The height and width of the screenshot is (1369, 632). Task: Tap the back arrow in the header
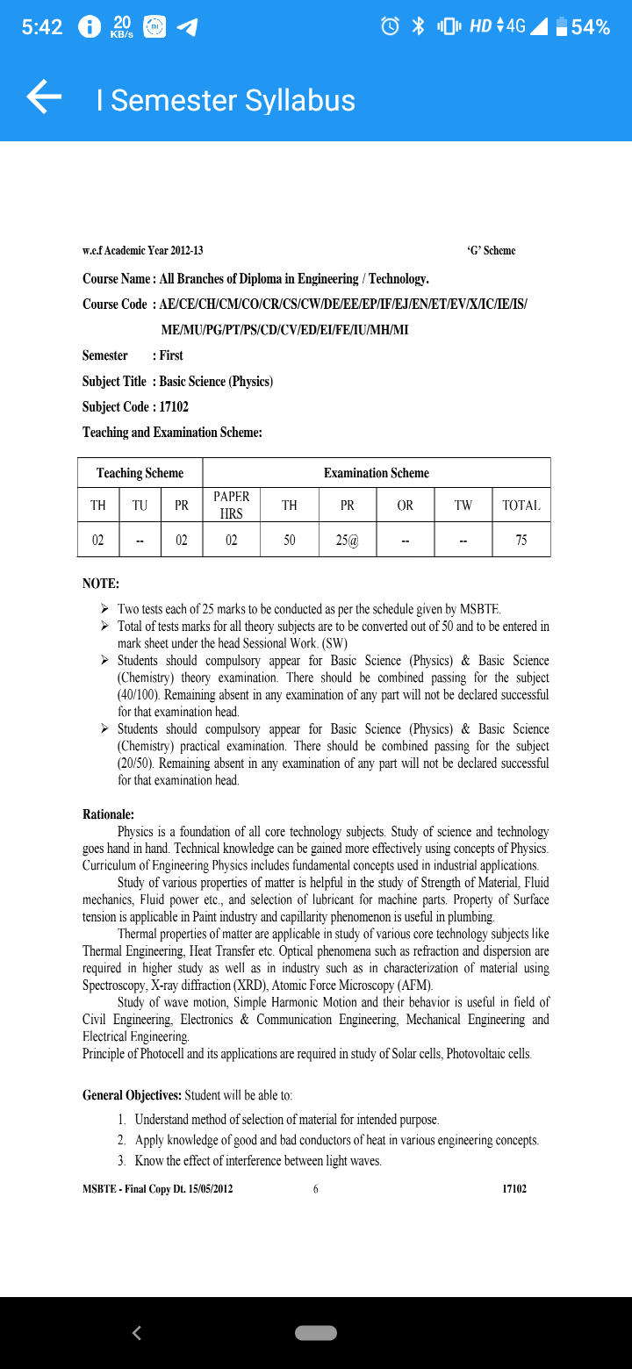44,97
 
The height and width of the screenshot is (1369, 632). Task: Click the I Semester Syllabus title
226,100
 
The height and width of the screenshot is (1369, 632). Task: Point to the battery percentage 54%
590,27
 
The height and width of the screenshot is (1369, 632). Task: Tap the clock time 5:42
42,27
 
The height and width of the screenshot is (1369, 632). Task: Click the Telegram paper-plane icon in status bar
186,27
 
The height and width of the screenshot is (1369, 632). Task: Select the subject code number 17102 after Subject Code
174,407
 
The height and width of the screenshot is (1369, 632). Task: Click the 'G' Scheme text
491,251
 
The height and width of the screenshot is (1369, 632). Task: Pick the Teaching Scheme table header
140,473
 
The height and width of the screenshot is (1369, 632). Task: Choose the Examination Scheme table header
376,473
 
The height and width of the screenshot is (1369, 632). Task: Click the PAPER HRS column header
231,505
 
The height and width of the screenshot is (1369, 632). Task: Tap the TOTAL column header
521,505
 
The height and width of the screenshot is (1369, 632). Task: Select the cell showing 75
521,541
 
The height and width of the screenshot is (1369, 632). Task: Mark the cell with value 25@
348,541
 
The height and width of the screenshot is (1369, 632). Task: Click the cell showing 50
289,541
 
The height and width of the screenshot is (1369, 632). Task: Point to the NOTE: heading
101,584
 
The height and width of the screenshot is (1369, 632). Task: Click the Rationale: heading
108,814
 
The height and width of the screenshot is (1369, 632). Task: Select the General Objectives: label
132,1095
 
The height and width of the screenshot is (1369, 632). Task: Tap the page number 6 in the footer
315,1189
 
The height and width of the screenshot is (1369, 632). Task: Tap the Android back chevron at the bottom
136,1333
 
